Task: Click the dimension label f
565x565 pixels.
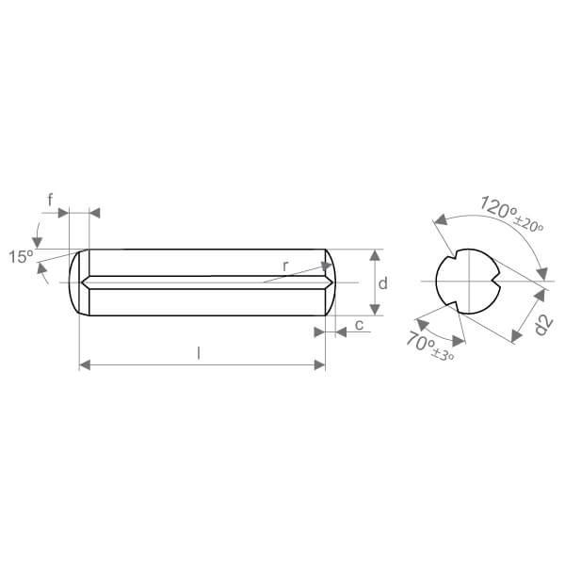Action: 51,200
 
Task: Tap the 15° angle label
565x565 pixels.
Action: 21,256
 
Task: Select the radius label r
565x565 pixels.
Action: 285,266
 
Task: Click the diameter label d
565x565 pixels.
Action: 383,283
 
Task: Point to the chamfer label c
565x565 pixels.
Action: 360,325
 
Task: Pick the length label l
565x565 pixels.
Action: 199,353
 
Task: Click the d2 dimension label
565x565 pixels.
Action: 543,325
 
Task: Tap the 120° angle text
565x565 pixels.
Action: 498,208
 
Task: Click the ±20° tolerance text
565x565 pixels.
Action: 528,224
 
